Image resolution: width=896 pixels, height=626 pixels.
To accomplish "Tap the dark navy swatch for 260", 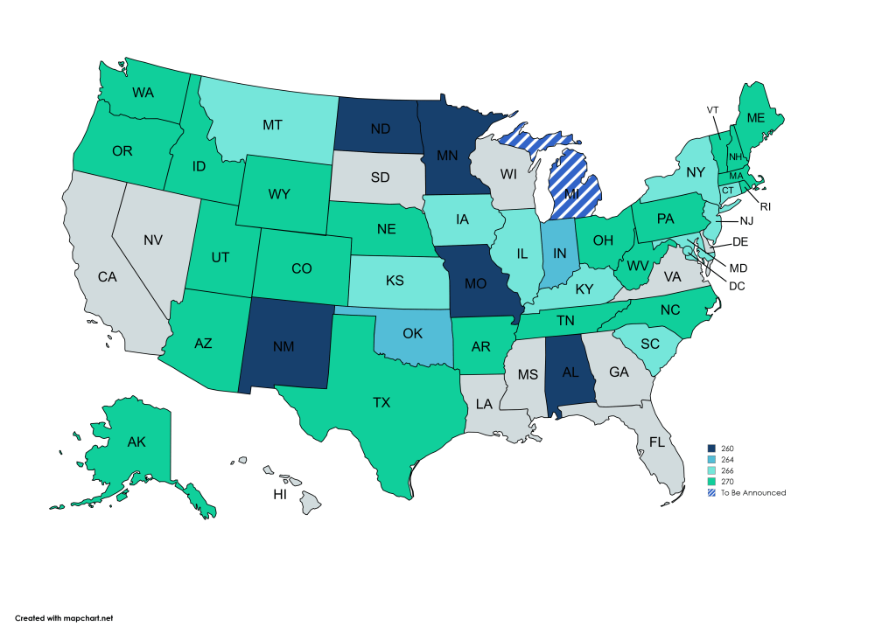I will point(711,448).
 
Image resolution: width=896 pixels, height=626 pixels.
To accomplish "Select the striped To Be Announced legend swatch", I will point(711,493).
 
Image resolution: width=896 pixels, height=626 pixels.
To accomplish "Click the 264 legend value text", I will point(728,459).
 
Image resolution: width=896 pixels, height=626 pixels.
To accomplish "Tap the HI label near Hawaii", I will point(280,494).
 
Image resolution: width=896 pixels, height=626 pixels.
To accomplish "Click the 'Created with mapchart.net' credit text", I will point(64,617).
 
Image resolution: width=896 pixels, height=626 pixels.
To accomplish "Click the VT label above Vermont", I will point(712,109).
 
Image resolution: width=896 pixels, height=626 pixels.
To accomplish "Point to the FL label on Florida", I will point(657,442).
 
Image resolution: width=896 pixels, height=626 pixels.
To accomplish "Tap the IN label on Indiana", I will point(561,254).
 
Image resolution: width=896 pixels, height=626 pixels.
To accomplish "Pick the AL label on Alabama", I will point(569,372).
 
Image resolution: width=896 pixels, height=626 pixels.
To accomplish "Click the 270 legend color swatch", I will point(711,482).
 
